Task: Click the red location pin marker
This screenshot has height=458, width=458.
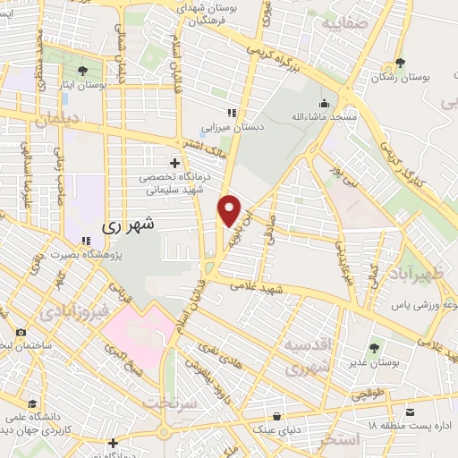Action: point(231,210)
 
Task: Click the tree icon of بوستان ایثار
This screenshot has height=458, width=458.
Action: point(83,70)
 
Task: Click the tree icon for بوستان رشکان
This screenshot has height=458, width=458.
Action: point(400,64)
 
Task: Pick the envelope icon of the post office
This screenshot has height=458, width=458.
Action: point(410,412)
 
